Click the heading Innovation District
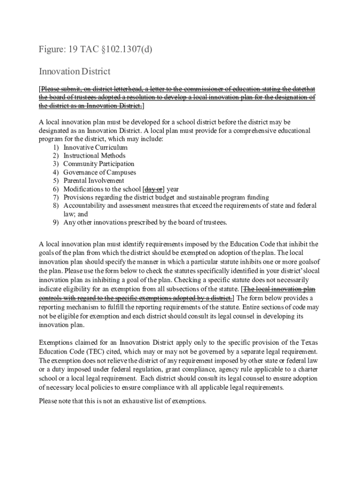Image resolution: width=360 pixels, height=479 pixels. click(x=74, y=72)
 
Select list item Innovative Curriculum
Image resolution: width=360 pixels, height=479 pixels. click(x=95, y=147)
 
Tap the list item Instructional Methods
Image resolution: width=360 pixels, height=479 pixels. click(x=94, y=155)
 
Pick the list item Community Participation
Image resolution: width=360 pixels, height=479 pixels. click(x=99, y=164)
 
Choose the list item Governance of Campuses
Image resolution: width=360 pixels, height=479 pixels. click(x=100, y=172)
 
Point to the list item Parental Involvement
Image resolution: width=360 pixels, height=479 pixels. click(x=94, y=181)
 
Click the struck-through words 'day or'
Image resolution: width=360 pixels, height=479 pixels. click(x=153, y=189)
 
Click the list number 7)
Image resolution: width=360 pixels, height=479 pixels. click(x=56, y=197)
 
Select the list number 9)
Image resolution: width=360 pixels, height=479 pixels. click(x=56, y=222)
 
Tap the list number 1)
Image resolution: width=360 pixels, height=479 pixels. click(x=56, y=147)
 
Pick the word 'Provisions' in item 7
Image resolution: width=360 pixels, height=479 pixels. click(x=79, y=197)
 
